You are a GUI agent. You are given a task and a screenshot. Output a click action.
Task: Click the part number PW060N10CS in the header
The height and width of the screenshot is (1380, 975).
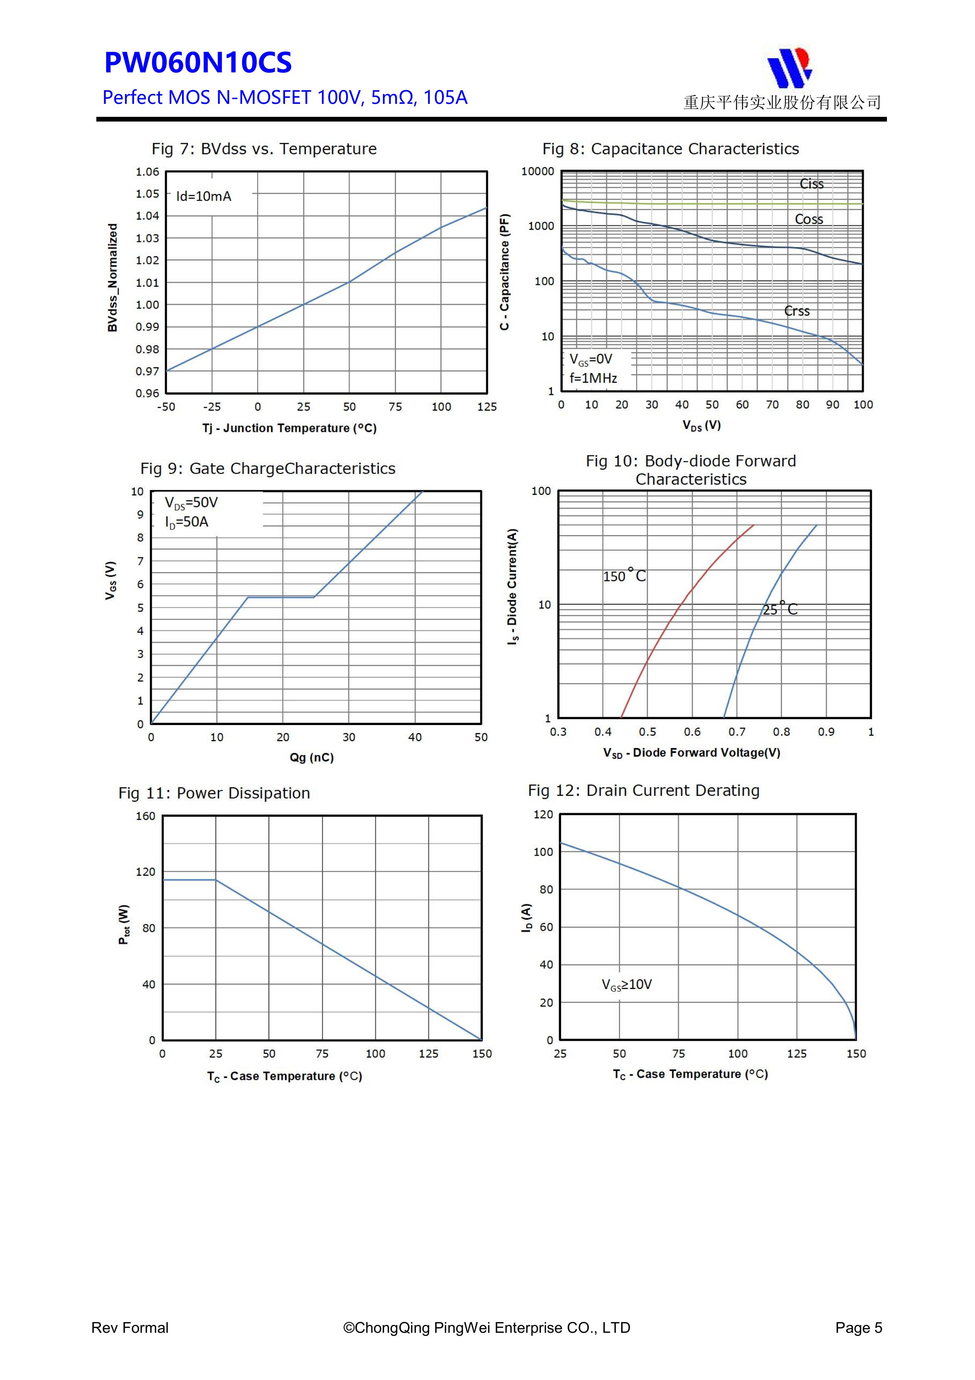click(x=198, y=63)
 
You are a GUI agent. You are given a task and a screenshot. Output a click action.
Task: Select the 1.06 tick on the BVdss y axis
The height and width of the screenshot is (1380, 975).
click(x=147, y=172)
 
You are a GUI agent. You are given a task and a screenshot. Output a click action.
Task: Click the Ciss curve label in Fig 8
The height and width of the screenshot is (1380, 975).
click(x=811, y=184)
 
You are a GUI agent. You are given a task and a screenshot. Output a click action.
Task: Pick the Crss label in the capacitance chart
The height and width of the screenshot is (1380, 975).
click(x=797, y=311)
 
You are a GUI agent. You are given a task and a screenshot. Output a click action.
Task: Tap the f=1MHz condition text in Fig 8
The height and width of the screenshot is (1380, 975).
click(x=593, y=378)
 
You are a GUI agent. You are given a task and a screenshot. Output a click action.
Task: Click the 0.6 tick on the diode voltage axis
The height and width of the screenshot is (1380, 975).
click(x=692, y=732)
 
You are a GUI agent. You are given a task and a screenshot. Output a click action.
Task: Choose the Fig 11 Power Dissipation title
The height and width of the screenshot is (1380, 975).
click(x=214, y=793)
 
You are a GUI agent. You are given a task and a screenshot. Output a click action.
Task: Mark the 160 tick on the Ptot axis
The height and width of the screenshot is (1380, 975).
click(x=145, y=816)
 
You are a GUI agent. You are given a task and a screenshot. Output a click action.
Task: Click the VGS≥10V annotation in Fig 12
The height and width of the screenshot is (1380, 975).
click(x=627, y=985)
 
